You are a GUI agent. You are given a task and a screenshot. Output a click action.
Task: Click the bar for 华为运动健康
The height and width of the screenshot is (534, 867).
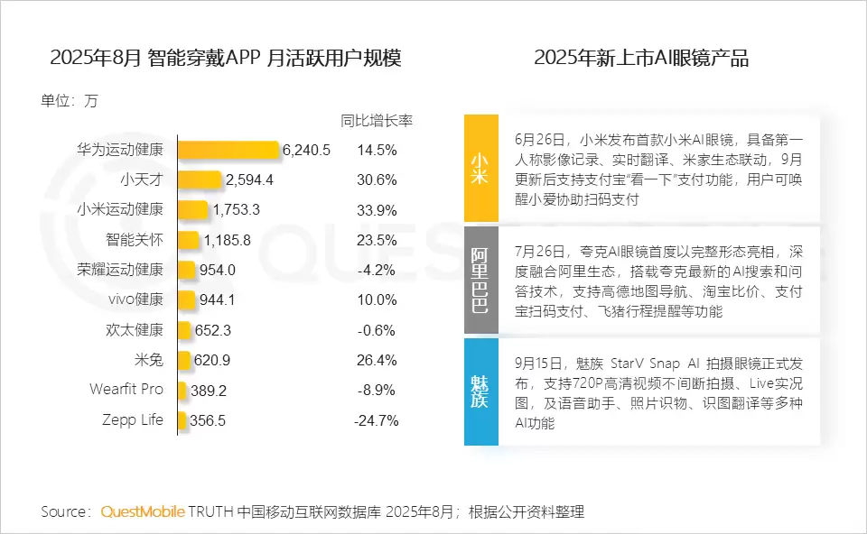[x=228, y=150]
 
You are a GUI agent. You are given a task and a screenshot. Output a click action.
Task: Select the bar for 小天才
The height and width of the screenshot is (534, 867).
[x=200, y=180]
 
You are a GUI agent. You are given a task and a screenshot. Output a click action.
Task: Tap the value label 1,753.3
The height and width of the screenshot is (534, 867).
[x=237, y=209]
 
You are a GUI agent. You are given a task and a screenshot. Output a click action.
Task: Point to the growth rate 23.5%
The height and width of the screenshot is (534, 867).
[x=377, y=240]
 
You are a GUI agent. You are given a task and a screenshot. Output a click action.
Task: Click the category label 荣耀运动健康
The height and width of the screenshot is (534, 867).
[x=120, y=269]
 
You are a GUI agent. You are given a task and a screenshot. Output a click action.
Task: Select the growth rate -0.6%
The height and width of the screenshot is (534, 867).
[x=377, y=329]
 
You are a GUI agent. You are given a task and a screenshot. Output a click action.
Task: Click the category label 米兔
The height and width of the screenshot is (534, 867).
[x=148, y=360]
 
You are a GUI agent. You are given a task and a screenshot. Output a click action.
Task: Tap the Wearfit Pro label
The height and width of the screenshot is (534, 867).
[x=126, y=390]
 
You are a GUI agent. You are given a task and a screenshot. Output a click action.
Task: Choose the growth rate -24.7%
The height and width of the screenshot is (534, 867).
[x=377, y=419]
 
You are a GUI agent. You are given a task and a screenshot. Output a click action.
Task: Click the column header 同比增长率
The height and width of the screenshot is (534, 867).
[x=377, y=121]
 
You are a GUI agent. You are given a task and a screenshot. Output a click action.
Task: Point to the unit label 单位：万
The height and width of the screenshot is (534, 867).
[x=69, y=101]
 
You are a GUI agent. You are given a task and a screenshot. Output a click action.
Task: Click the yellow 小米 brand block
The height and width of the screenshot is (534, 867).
[x=480, y=168]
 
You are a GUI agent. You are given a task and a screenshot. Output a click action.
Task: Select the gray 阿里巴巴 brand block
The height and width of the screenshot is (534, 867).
[x=480, y=280]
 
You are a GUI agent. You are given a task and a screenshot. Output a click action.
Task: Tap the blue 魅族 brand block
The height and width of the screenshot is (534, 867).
[x=480, y=391]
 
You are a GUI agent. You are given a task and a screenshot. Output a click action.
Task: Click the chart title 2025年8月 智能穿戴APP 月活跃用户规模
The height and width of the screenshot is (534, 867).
[x=225, y=59]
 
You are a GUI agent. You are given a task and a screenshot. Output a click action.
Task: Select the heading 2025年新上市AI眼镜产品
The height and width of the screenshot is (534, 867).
[x=641, y=59]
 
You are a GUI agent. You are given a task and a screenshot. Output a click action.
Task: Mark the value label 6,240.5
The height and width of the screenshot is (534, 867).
[x=306, y=150]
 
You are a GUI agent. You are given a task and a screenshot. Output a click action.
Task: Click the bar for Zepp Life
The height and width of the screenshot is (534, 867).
[x=182, y=419]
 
